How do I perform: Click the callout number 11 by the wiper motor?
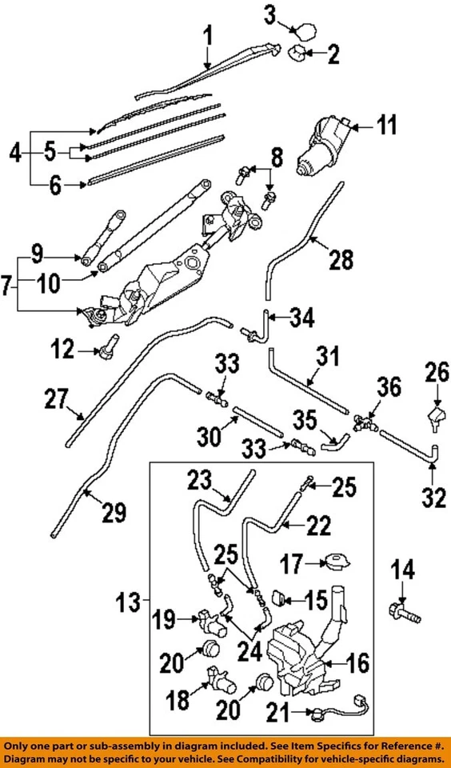point(386,126)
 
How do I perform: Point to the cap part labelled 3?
point(305,32)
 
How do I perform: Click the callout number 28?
point(341,259)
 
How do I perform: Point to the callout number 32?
point(433,498)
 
